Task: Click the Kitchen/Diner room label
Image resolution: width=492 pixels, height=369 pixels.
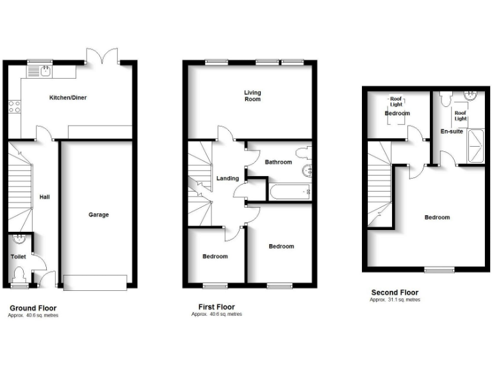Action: pyautogui.click(x=68, y=97)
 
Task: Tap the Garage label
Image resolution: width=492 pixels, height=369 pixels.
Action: pyautogui.click(x=98, y=215)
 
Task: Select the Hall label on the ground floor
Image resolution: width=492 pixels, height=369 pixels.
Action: pyautogui.click(x=44, y=197)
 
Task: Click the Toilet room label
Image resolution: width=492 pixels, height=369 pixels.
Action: pyautogui.click(x=18, y=256)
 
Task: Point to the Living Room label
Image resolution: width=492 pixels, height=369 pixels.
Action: pyautogui.click(x=252, y=95)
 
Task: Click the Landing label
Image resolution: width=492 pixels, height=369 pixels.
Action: pyautogui.click(x=227, y=178)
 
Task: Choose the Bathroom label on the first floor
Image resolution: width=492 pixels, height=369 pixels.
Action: pyautogui.click(x=278, y=162)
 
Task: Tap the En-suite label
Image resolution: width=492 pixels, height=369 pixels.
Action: pyautogui.click(x=452, y=131)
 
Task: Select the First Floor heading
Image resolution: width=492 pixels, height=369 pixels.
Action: pyautogui.click(x=217, y=307)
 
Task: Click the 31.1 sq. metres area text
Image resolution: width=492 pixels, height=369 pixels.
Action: pyautogui.click(x=395, y=300)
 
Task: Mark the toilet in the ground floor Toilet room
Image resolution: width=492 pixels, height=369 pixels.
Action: pyautogui.click(x=19, y=276)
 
